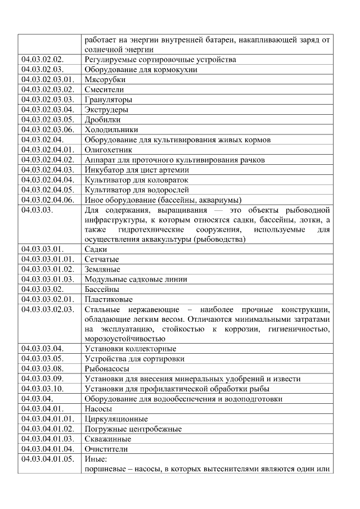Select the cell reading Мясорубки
coord(105,79)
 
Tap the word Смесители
coord(104,89)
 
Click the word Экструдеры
coord(106,110)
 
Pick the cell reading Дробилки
coord(102,120)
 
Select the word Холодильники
coord(111,130)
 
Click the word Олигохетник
coord(109,150)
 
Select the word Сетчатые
coord(102,259)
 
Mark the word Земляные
coord(102,269)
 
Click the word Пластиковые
coord(109,299)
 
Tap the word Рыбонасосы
coord(107,369)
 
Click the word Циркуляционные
coord(116,419)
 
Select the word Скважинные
coord(108,439)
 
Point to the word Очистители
coord(106,449)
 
